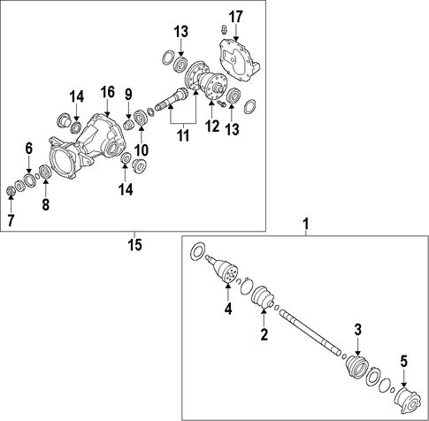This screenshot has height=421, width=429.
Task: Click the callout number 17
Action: pyautogui.click(x=236, y=17)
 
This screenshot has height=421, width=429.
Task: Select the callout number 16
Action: pyautogui.click(x=108, y=92)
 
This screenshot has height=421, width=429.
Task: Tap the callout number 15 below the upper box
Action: pyautogui.click(x=134, y=245)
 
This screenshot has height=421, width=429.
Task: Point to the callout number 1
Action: pyautogui.click(x=306, y=224)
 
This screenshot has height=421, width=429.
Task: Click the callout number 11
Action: pyautogui.click(x=183, y=135)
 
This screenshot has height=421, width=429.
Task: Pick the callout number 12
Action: pyautogui.click(x=212, y=126)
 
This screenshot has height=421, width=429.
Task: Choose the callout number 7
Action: pyautogui.click(x=11, y=220)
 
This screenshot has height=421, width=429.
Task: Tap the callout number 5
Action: pyautogui.click(x=403, y=361)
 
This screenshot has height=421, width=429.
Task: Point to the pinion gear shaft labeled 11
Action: pyautogui.click(x=170, y=99)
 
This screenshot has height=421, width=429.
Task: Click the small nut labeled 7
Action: pyautogui.click(x=11, y=192)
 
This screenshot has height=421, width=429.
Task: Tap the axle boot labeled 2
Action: pyautogui.click(x=263, y=297)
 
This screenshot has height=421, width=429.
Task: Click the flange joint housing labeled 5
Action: pyautogui.click(x=405, y=401)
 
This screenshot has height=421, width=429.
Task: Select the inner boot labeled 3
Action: pyautogui.click(x=356, y=366)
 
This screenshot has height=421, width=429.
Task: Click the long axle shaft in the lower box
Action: pyautogui.click(x=310, y=332)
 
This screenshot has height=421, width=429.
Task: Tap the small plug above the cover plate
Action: pyautogui.click(x=225, y=29)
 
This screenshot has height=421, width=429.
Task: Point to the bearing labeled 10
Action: pyautogui.click(x=141, y=118)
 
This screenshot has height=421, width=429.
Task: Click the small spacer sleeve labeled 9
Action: pyautogui.click(x=128, y=125)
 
